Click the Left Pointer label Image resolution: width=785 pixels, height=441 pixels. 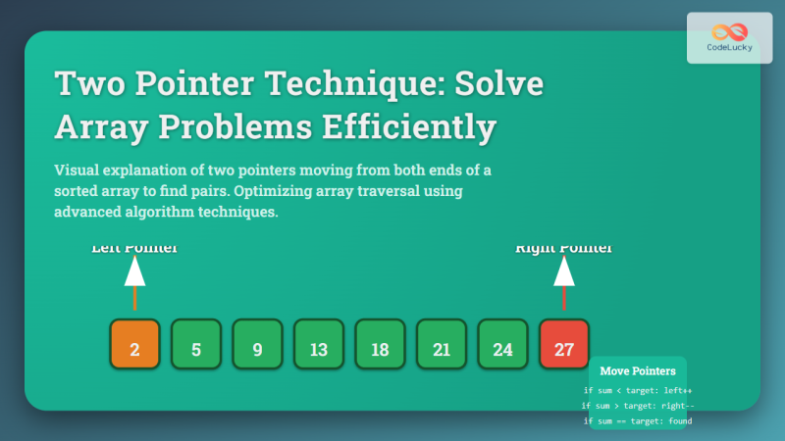click(134, 249)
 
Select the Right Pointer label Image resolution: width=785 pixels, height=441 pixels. click(564, 249)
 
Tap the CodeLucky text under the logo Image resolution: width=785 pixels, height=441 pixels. click(729, 47)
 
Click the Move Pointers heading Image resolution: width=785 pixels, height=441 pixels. click(638, 371)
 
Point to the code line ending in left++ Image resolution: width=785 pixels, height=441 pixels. click(638, 390)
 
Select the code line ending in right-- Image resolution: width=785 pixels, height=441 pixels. click(638, 405)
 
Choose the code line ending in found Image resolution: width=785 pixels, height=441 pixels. click(638, 420)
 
